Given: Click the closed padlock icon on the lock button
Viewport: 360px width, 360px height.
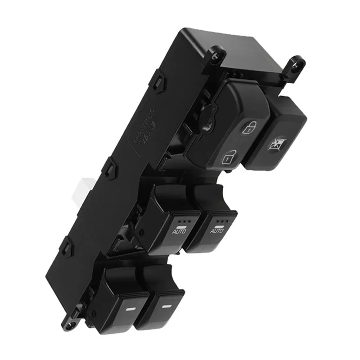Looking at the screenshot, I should (x=248, y=128).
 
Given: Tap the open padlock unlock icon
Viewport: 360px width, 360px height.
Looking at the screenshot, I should (x=229, y=157).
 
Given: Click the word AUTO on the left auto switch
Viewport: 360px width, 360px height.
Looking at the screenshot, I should (x=179, y=232).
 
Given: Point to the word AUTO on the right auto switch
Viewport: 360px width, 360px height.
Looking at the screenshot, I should (x=217, y=230).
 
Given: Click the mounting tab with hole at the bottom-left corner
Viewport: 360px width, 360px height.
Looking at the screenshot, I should (x=69, y=322).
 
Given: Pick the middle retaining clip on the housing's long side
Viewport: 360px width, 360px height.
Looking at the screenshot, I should (x=111, y=169).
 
